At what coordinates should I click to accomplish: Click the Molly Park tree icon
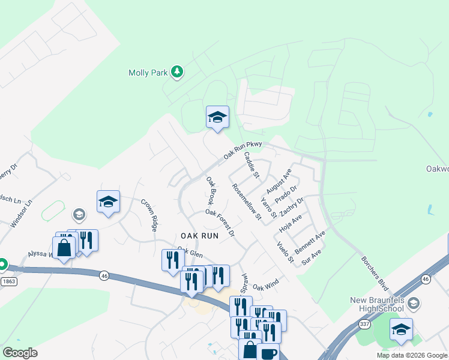(x=176, y=73)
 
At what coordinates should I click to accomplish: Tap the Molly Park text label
(x=147, y=73)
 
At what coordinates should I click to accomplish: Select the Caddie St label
(x=251, y=166)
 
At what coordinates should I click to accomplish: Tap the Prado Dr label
(x=286, y=194)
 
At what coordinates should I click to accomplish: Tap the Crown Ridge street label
(x=149, y=215)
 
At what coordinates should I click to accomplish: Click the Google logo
(x=20, y=352)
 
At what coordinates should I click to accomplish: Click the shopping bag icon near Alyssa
(x=64, y=248)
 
